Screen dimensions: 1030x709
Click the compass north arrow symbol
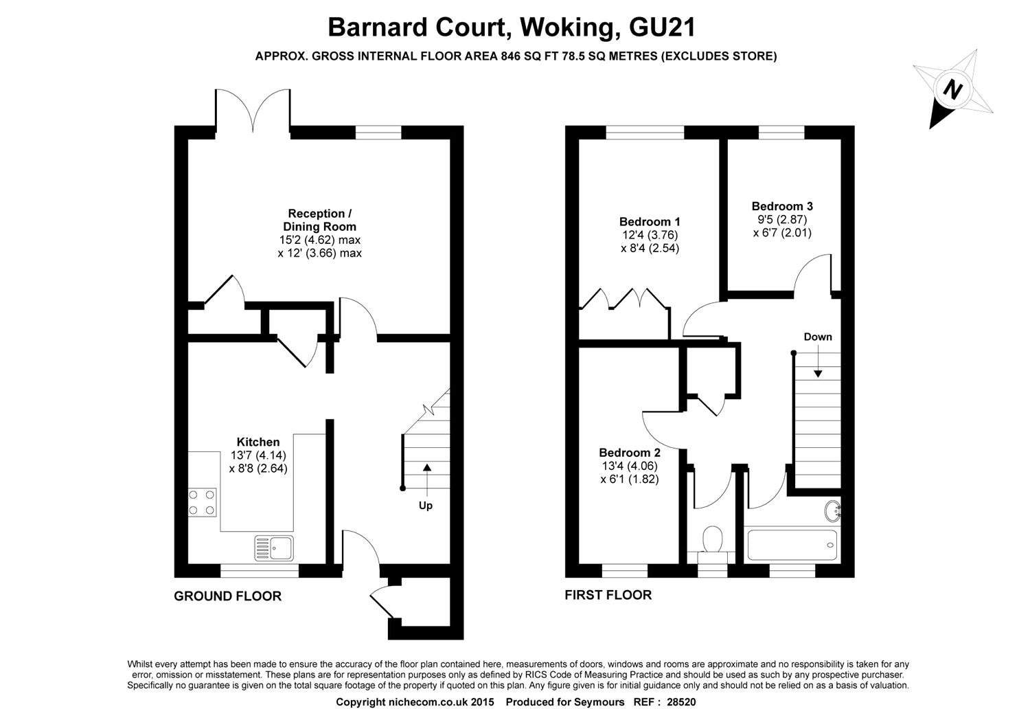click(952, 89)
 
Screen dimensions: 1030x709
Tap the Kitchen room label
click(257, 442)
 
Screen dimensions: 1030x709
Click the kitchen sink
click(274, 548)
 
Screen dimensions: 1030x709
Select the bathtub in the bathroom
click(792, 545)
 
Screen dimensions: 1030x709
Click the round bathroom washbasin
click(833, 510)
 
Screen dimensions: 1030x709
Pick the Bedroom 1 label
click(649, 222)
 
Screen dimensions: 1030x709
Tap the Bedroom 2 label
click(629, 453)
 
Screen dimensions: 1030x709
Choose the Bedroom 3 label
click(782, 206)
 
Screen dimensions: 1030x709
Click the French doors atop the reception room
click(253, 110)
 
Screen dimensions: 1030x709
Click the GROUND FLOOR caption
click(227, 596)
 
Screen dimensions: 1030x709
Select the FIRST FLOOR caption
click(608, 595)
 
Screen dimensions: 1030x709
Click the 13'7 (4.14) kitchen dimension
click(257, 455)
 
